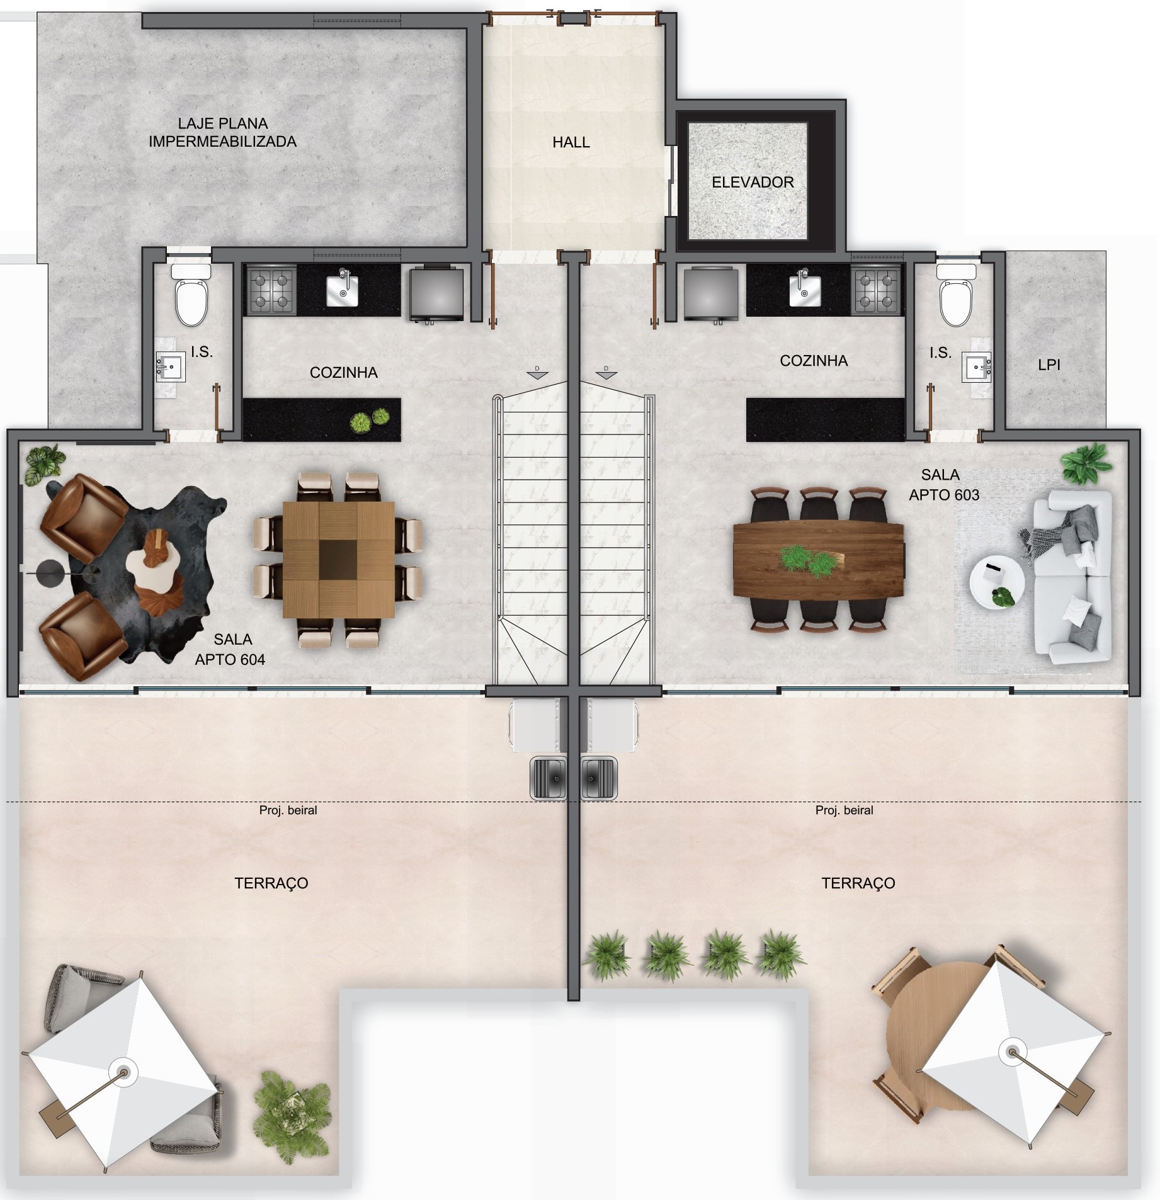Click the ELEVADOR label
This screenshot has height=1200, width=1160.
pos(753,183)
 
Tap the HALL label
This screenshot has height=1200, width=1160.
pos(571,142)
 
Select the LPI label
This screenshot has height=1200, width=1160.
pos(1049,365)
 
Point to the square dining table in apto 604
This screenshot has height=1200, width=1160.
pos(338,559)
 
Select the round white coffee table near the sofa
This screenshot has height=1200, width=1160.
pos(996,583)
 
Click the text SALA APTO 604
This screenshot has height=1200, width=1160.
pos(230,650)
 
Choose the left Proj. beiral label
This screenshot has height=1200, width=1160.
pos(288,811)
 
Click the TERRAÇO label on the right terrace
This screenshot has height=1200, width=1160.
pos(858,883)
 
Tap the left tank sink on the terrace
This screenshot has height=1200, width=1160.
pos(547,778)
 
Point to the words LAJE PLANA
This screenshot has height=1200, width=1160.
pos(222,124)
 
